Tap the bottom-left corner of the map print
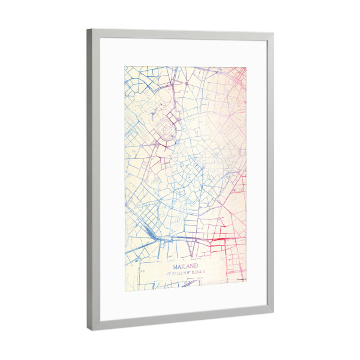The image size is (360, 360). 125,289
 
